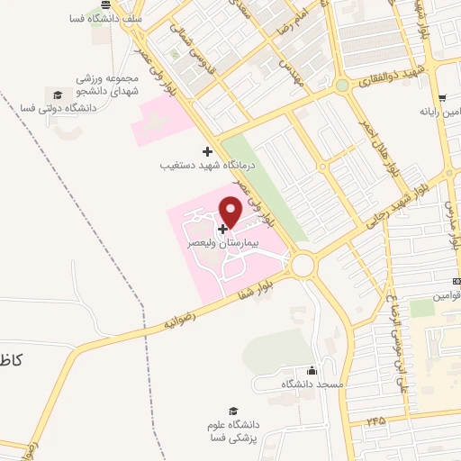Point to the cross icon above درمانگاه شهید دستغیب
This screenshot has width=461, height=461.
coord(207,150)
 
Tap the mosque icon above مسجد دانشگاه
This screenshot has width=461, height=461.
coord(312,370)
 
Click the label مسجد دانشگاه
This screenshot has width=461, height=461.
coord(312,384)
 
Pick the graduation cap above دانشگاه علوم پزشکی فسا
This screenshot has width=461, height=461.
coord(234,411)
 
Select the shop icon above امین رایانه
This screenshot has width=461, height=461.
coord(441,98)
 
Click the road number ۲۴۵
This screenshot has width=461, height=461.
coord(375,420)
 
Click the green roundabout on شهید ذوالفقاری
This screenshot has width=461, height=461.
coord(342,86)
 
